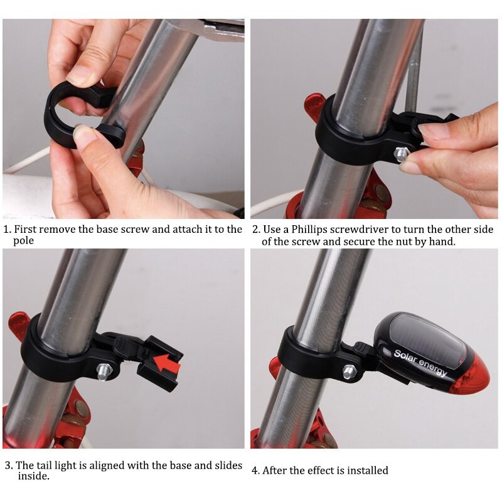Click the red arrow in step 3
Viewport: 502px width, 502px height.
(x=166, y=363)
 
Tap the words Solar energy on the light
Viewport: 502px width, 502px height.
(x=420, y=363)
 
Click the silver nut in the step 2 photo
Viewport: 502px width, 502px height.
(x=401, y=154)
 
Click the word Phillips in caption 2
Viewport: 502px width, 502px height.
(x=309, y=230)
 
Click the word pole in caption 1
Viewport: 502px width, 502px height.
(x=23, y=241)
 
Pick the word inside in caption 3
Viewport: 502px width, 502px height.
(x=33, y=476)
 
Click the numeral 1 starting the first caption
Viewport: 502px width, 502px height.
(x=7, y=230)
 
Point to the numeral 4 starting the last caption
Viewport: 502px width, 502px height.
(x=255, y=471)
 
